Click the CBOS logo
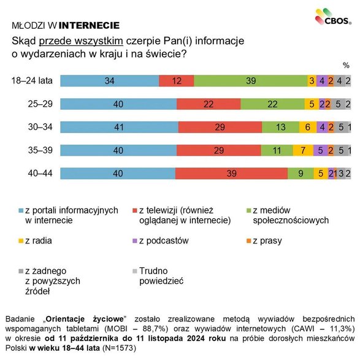(x=333, y=17)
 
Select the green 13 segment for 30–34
(x=280, y=127)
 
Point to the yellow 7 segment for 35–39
(x=302, y=150)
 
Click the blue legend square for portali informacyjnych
(x=20, y=210)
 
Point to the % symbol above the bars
(x=346, y=64)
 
